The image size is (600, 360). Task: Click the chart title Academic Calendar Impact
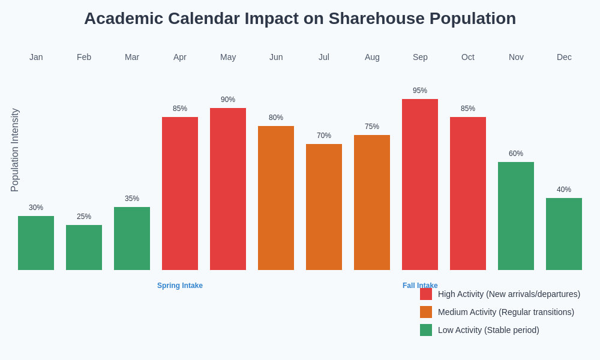(x=300, y=19)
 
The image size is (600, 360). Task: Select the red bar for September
(x=420, y=184)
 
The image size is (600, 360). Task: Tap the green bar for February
(x=84, y=247)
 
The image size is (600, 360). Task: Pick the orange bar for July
(x=324, y=207)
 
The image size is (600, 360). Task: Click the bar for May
(x=228, y=189)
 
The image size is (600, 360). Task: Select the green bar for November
(x=516, y=216)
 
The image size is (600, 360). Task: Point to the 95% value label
(x=420, y=91)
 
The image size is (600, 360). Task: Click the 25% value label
(x=84, y=217)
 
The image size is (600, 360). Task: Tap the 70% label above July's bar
(x=324, y=136)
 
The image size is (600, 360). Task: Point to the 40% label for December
(x=564, y=190)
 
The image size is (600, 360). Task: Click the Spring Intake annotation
(x=180, y=286)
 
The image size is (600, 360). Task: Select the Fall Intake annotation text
(x=420, y=285)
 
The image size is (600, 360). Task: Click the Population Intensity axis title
(x=15, y=150)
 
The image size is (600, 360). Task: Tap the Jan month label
(x=36, y=57)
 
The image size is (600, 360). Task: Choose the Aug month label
(x=372, y=57)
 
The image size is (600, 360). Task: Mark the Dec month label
(x=564, y=57)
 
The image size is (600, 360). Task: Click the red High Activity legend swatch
(x=426, y=294)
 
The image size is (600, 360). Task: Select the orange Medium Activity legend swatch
(x=426, y=312)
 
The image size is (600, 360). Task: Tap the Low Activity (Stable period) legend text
(x=488, y=330)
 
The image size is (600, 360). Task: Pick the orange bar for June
(x=276, y=198)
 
